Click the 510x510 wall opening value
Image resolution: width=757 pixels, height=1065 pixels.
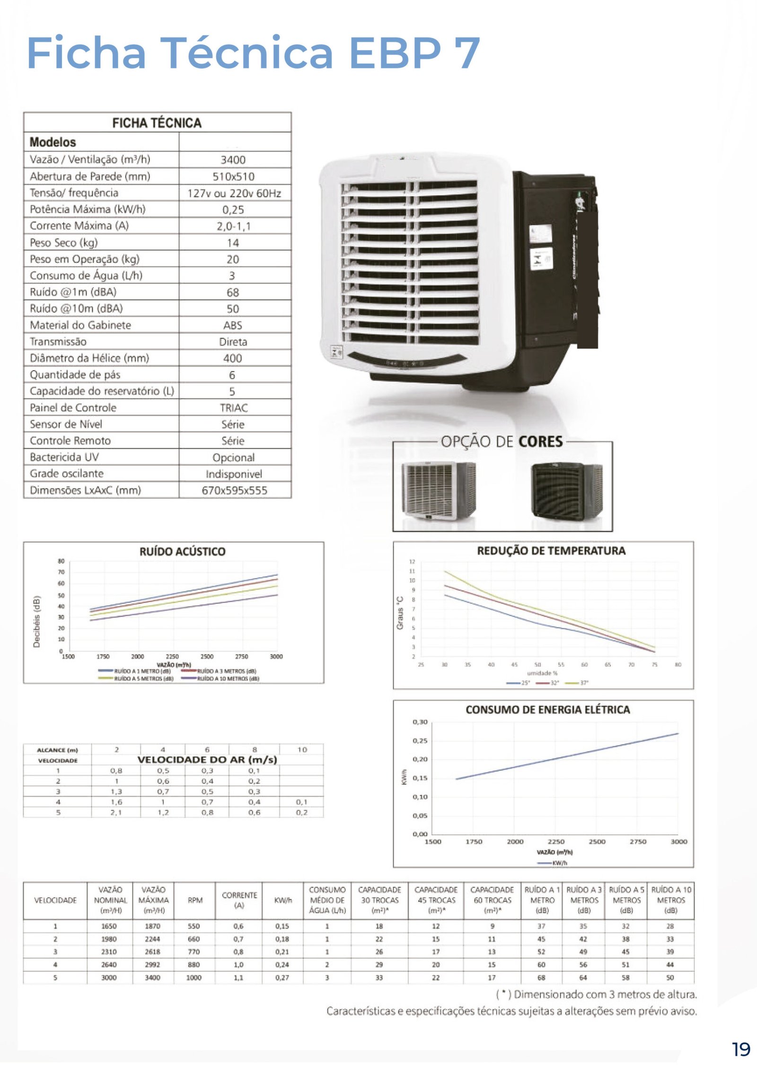tap(233, 176)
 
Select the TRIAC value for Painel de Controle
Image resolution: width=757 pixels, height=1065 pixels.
tap(234, 408)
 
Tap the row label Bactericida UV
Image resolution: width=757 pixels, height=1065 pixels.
tap(64, 457)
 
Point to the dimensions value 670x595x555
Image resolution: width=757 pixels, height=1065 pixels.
tap(234, 491)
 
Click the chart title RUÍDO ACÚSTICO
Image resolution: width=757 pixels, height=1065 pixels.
tap(182, 551)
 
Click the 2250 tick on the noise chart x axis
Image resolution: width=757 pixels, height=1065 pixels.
tap(172, 657)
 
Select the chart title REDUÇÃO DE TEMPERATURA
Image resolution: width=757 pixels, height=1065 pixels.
tap(551, 551)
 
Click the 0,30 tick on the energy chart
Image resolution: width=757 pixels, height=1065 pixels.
tap(420, 722)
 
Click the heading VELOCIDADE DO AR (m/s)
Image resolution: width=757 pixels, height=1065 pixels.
tap(207, 760)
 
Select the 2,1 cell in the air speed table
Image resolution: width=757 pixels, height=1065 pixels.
tap(116, 812)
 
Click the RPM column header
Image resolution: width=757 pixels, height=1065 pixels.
tap(195, 900)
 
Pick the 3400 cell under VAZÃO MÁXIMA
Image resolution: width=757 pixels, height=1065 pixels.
tap(152, 977)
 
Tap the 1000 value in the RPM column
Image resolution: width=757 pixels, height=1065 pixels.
tap(194, 977)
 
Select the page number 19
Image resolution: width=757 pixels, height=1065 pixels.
tap(741, 1049)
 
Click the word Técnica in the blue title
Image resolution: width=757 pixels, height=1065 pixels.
tap(246, 53)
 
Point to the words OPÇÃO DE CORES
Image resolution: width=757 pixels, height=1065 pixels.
tap(502, 442)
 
